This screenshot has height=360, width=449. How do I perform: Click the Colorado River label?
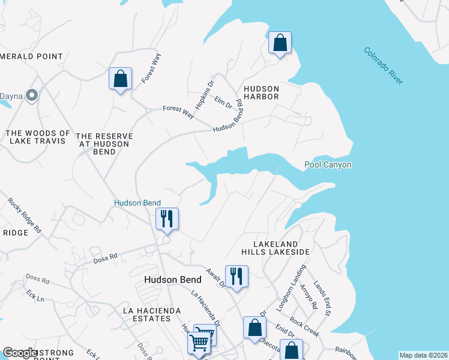click(384, 65)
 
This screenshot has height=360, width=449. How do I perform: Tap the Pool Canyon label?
click(328, 164)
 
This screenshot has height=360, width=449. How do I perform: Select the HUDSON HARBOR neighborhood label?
click(261, 91)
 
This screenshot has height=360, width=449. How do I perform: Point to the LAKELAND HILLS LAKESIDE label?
click(281, 248)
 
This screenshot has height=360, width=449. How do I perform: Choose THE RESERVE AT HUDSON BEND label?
click(104, 144)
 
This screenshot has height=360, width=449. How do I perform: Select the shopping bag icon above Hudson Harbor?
click(280, 43)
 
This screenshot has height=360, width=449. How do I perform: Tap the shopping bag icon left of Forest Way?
click(120, 79)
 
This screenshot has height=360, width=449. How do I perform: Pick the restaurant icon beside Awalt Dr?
click(237, 276)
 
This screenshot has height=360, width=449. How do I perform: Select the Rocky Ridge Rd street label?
click(25, 215)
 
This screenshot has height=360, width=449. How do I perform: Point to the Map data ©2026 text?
click(423, 355)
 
